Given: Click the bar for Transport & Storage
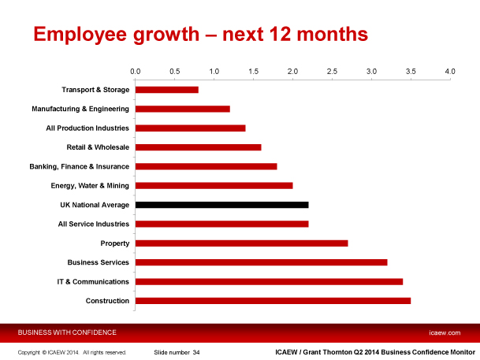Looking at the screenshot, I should click(x=166, y=90).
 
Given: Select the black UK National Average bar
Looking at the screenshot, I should click(x=221, y=205).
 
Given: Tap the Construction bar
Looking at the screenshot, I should click(x=273, y=301).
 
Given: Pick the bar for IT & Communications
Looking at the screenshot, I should click(x=269, y=281).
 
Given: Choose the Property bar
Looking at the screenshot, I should click(x=241, y=243).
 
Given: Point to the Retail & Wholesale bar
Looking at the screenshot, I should click(x=198, y=147).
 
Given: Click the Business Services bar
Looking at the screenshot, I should click(x=261, y=262).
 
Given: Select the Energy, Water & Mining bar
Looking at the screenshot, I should click(x=214, y=186).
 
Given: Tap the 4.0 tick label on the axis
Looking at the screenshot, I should click(x=450, y=72).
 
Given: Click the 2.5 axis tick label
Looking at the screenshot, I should click(x=332, y=72).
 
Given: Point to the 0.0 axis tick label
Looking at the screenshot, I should click(x=135, y=72).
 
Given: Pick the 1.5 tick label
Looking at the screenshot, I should click(x=253, y=72).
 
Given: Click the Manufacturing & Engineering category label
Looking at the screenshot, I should click(x=80, y=109).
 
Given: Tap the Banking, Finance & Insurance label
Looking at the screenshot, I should click(x=79, y=166).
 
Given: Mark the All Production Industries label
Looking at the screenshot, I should click(x=88, y=128).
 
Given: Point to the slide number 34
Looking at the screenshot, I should click(x=196, y=352).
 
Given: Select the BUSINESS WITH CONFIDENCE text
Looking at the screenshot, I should click(x=67, y=332).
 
